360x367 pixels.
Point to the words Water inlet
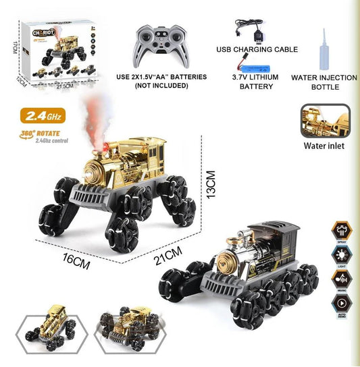pos(326,145)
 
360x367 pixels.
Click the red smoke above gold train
pos(99,124)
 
